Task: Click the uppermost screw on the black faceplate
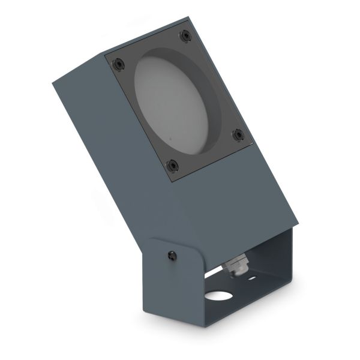pyautogui.click(x=185, y=35)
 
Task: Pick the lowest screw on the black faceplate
pyautogui.click(x=172, y=165)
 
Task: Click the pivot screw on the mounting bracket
pyautogui.click(x=173, y=256)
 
